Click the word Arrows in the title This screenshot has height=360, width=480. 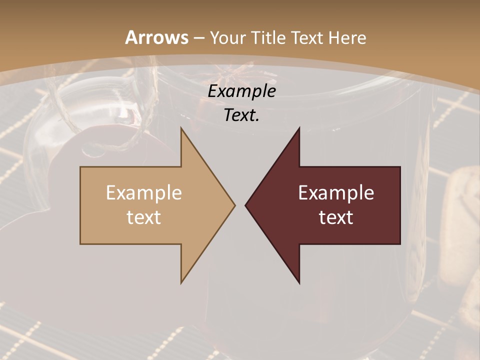pyautogui.click(x=156, y=37)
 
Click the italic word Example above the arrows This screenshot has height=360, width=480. pyautogui.click(x=241, y=91)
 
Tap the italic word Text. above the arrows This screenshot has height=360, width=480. pyautogui.click(x=241, y=115)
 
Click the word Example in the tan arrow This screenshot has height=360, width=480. pyautogui.click(x=144, y=193)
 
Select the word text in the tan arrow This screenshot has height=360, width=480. pyautogui.click(x=144, y=217)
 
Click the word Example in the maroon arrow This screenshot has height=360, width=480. pyautogui.click(x=336, y=193)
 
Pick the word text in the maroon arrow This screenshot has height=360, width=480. pyautogui.click(x=336, y=217)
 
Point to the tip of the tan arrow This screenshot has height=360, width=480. pyautogui.click(x=234, y=205)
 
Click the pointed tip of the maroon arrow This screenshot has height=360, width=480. pyautogui.click(x=245, y=205)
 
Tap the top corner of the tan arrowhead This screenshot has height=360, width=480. pyautogui.click(x=181, y=128)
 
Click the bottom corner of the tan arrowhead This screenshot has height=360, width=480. pyautogui.click(x=181, y=282)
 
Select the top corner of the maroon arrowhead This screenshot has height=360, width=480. pyautogui.click(x=299, y=128)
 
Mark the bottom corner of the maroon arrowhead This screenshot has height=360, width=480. pyautogui.click(x=299, y=282)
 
